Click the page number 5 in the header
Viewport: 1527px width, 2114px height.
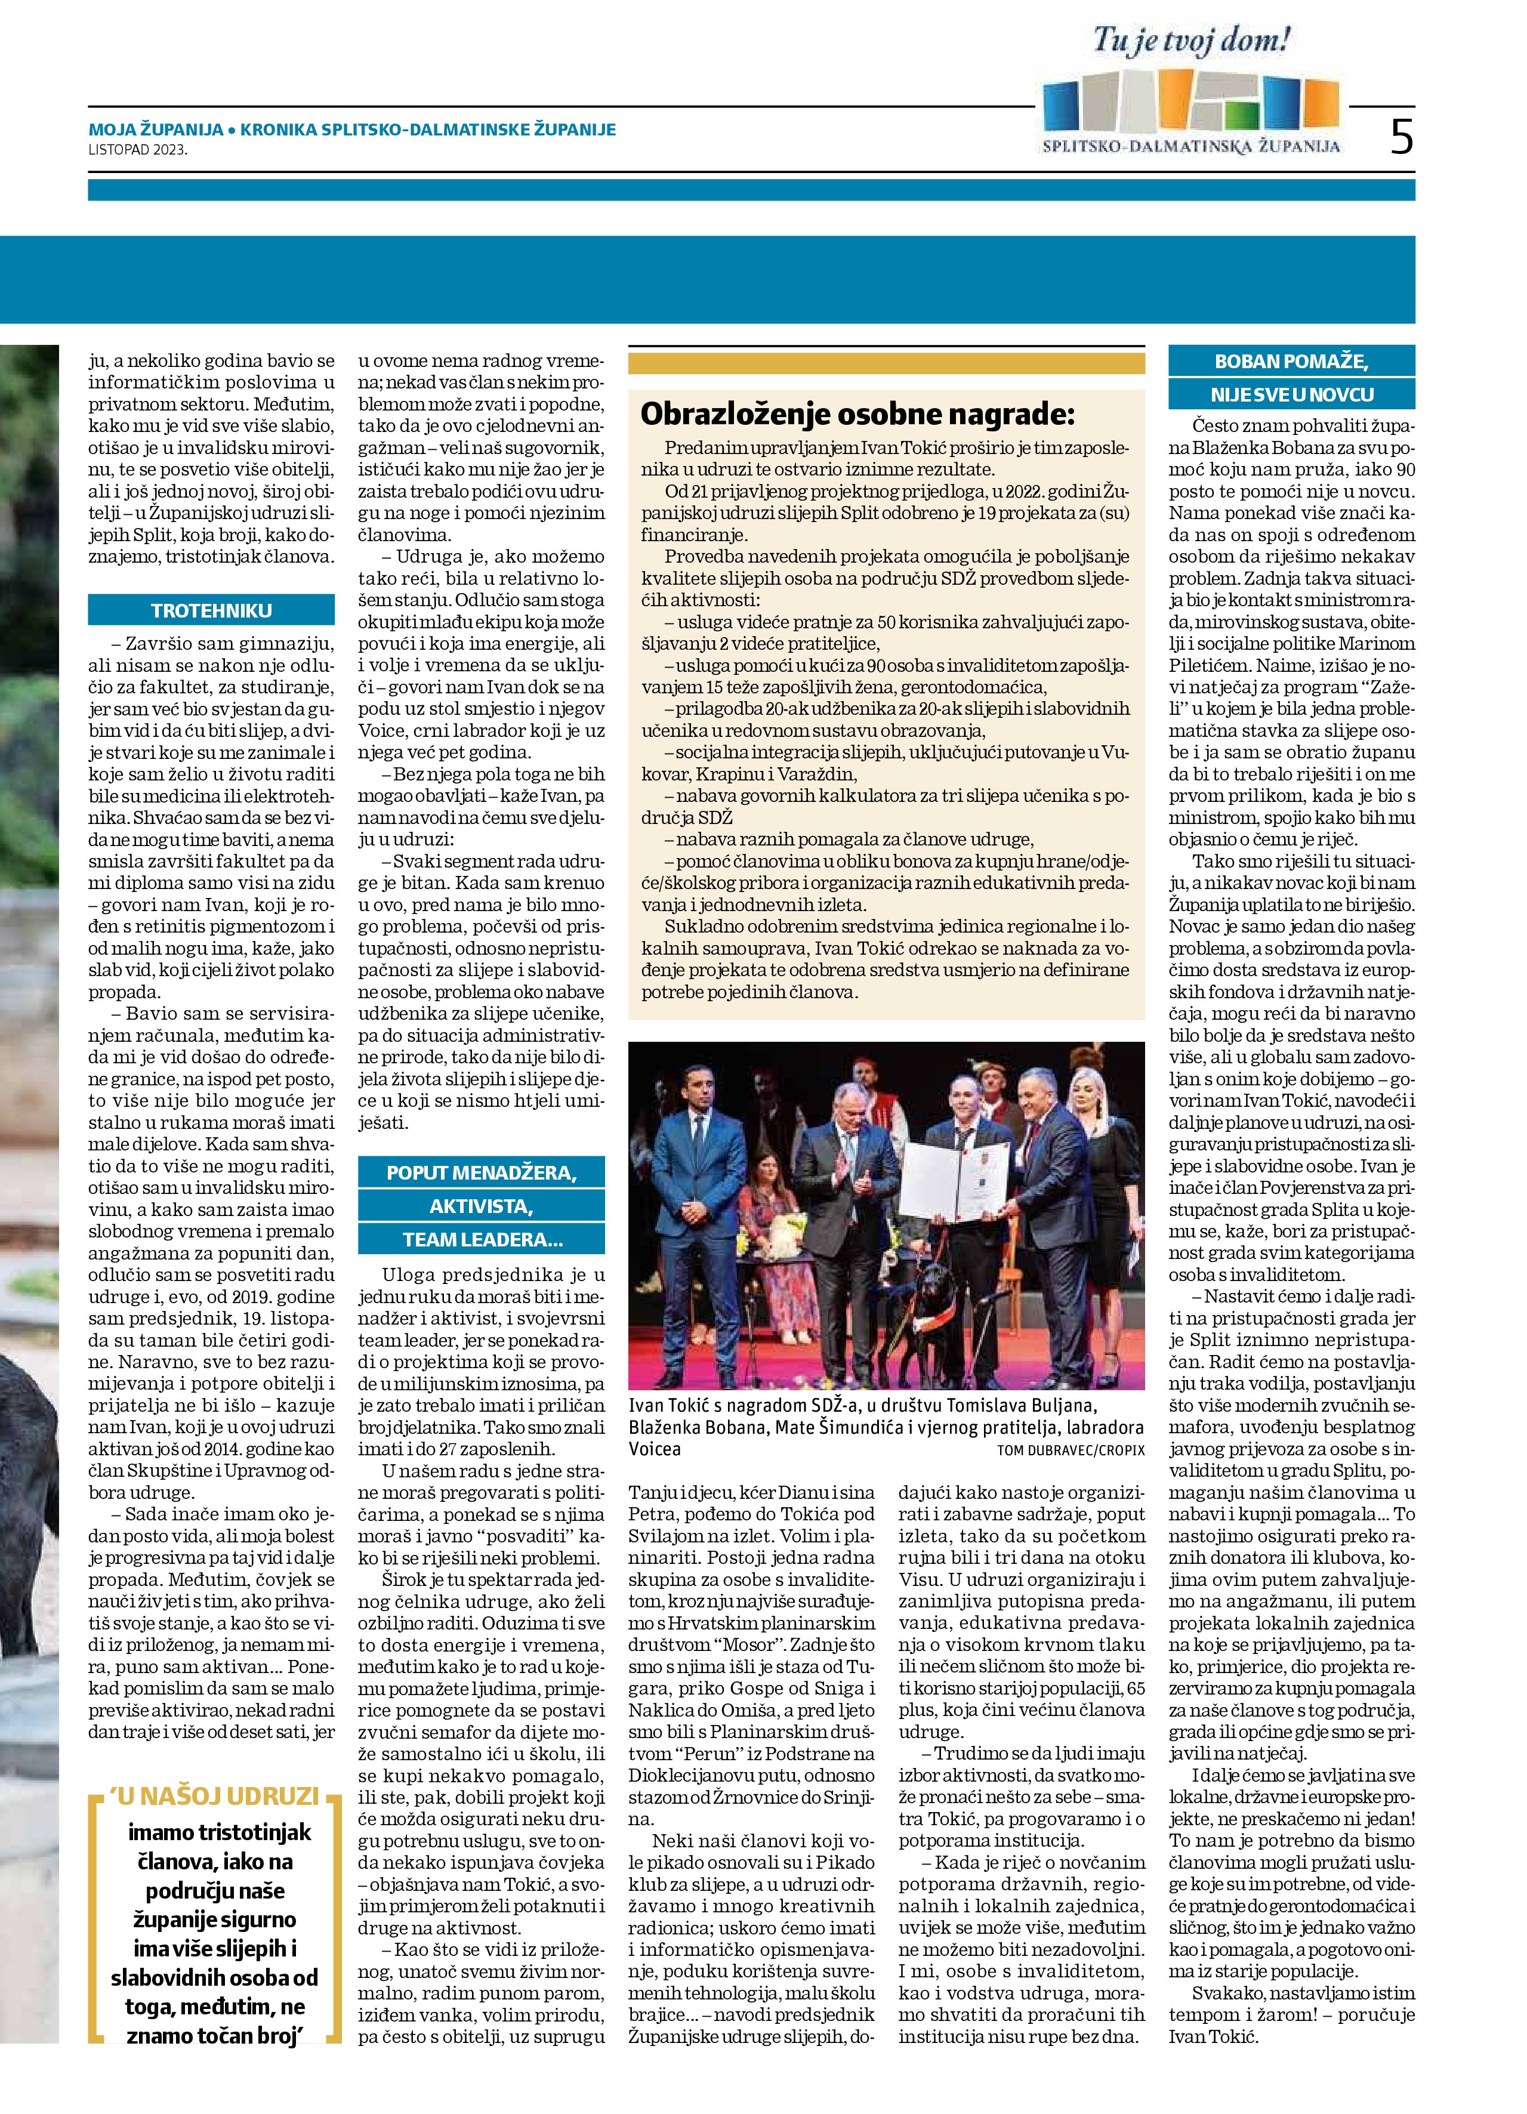point(1400,137)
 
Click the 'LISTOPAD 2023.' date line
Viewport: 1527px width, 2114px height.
point(138,149)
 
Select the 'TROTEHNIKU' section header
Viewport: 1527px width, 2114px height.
point(212,610)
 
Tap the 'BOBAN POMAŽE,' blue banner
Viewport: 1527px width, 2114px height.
point(1291,362)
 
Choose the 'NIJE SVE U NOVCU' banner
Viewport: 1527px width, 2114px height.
point(1291,394)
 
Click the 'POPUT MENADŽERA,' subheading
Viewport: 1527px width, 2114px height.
point(481,1172)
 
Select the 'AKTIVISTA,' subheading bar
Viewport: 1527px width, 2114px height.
point(481,1206)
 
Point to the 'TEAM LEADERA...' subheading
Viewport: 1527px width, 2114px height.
point(481,1240)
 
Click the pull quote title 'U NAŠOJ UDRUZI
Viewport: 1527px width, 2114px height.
point(214,1796)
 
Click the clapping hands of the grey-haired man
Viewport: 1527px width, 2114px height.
point(857,1176)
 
